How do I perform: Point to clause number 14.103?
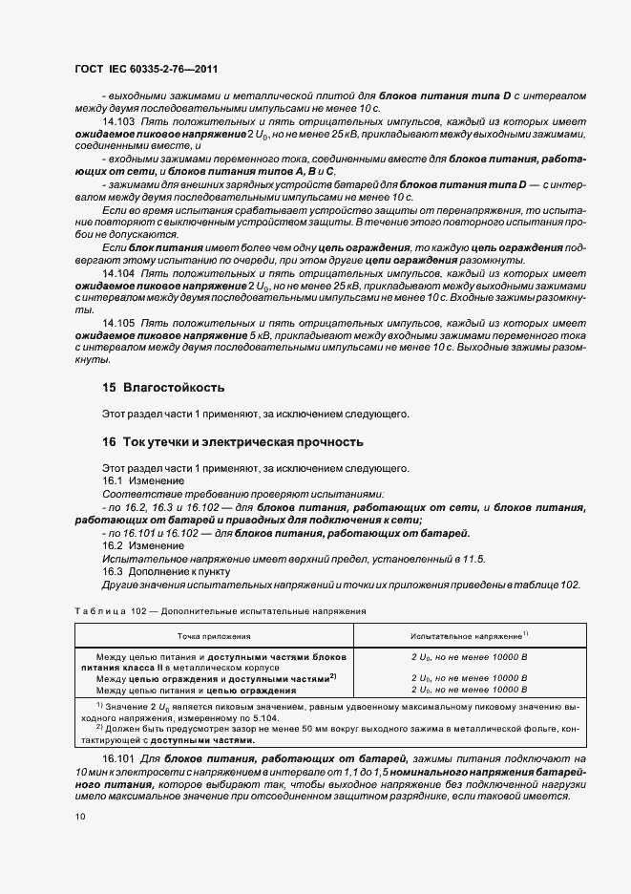(118, 123)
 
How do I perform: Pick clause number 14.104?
(118, 273)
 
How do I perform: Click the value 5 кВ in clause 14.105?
(264, 337)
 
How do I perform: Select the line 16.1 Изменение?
(136, 481)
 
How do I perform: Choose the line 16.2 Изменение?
(136, 544)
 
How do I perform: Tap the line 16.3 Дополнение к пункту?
(167, 571)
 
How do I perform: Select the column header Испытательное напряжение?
(469, 634)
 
